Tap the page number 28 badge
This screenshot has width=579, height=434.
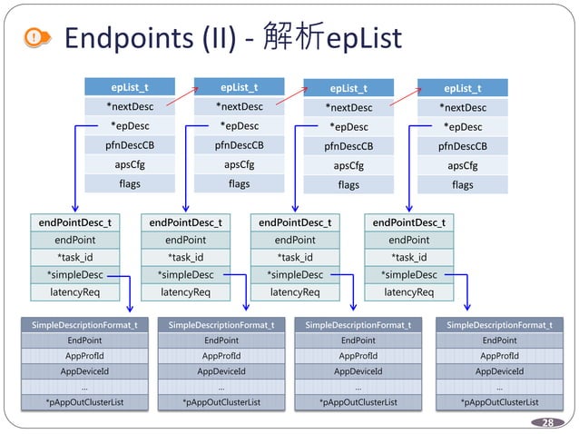(x=547, y=422)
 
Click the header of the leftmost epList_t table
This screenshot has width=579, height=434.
(x=130, y=88)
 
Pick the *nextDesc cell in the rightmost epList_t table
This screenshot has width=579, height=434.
(x=462, y=108)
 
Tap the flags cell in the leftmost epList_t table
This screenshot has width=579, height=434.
(x=130, y=183)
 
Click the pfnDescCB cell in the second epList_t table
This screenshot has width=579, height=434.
(x=239, y=145)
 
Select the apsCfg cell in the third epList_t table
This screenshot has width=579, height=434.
(x=348, y=166)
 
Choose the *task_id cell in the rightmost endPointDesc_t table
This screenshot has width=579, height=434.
(x=408, y=257)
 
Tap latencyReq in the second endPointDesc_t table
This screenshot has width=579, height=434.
(x=185, y=291)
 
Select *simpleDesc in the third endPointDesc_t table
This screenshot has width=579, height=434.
(x=294, y=274)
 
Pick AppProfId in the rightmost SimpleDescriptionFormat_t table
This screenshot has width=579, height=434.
(x=499, y=355)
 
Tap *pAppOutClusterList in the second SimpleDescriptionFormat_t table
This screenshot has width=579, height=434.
(x=221, y=401)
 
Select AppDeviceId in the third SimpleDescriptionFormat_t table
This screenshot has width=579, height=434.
(x=358, y=370)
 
